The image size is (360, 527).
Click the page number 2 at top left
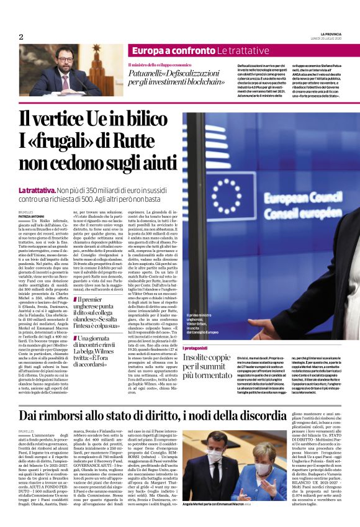click(x=21, y=37)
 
